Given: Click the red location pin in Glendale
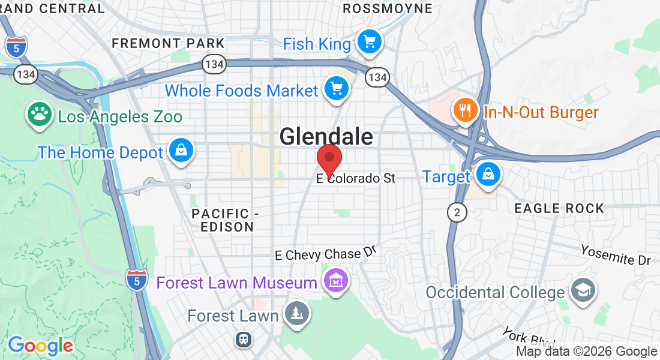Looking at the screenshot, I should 329,158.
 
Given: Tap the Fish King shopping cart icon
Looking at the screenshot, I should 370,43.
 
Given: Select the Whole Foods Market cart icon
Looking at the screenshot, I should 336,89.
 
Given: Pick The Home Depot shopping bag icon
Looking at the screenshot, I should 181,151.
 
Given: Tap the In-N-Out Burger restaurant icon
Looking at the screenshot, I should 464,111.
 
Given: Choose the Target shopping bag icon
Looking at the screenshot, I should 488,175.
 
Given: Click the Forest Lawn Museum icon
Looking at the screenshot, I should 336,281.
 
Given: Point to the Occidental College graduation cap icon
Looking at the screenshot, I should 583,291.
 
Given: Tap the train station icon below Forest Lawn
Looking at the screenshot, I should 244,340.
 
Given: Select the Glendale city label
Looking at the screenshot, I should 326,137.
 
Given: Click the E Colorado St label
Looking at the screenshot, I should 356,178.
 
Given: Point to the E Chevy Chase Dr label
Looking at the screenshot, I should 326,254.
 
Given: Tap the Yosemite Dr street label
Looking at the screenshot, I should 616,254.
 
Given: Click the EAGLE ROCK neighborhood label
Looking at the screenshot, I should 559,208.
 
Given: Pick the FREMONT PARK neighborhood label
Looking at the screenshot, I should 168,43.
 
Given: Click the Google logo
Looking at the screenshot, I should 40,345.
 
